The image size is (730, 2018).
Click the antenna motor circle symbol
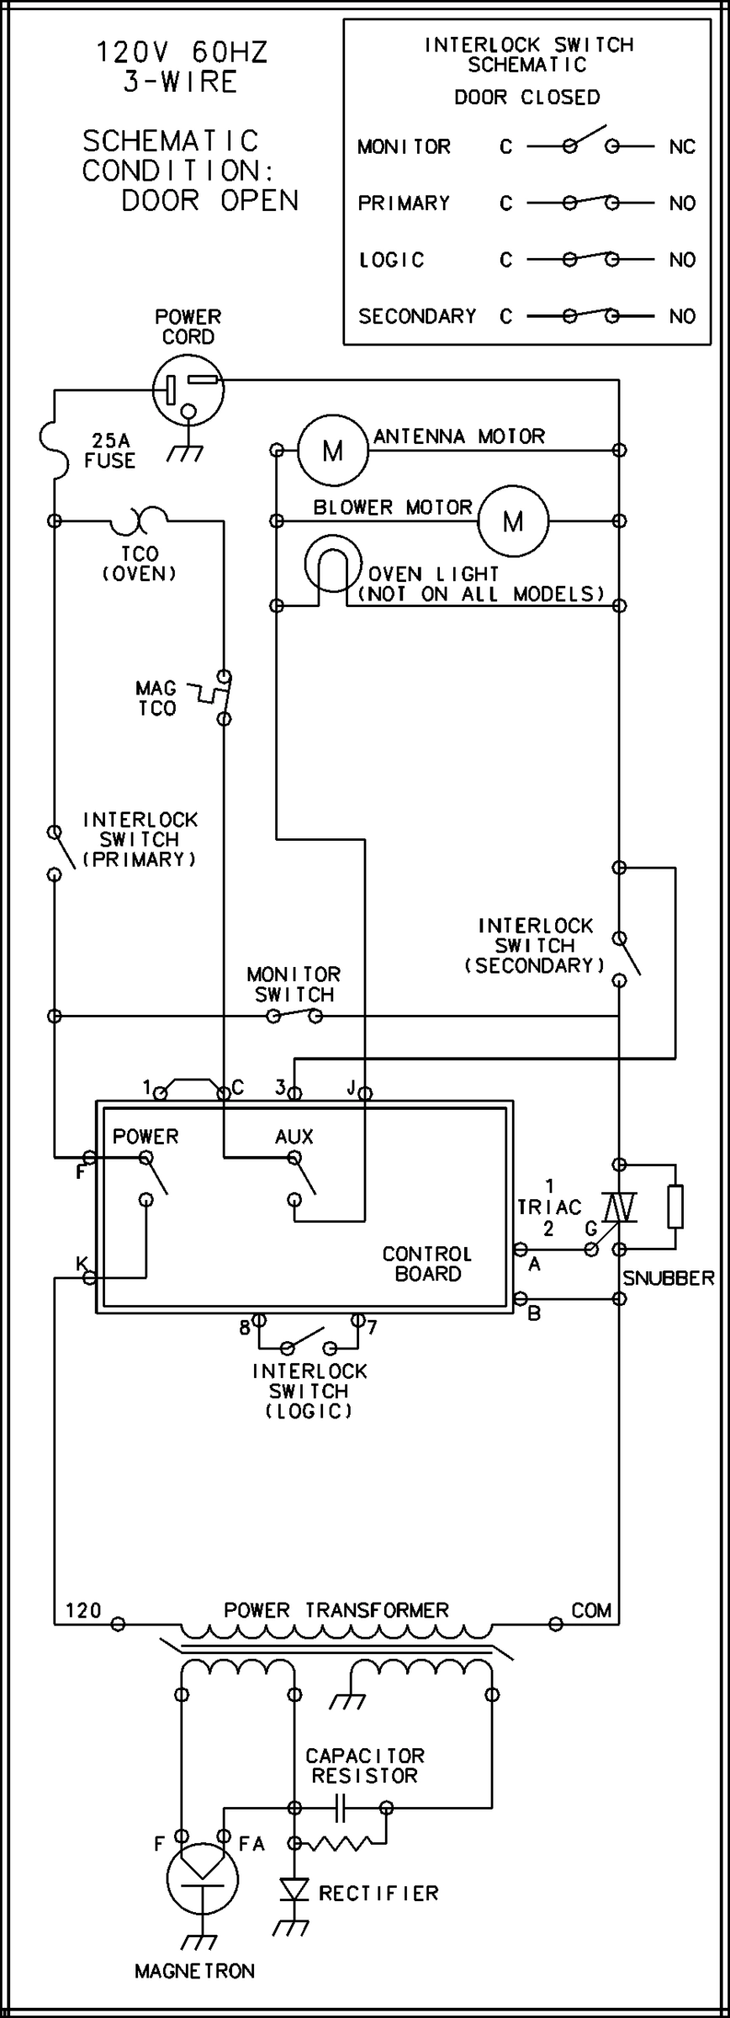pyautogui.click(x=333, y=450)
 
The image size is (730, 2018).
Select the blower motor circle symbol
pyautogui.click(x=513, y=520)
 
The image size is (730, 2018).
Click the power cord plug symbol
pyautogui.click(x=189, y=389)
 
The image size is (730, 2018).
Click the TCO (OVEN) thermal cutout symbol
pyautogui.click(x=139, y=521)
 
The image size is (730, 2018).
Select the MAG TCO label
pyautogui.click(x=156, y=698)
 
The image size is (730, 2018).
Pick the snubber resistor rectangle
pyautogui.click(x=674, y=1207)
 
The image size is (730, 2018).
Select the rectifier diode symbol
pyautogui.click(x=294, y=1891)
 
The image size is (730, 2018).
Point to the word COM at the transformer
pyautogui.click(x=590, y=1609)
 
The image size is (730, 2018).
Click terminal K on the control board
pyautogui.click(x=88, y=1278)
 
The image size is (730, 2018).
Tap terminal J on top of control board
pyautogui.click(x=365, y=1093)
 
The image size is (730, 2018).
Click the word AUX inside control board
pyautogui.click(x=294, y=1137)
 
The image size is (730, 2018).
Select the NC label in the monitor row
pyautogui.click(x=682, y=147)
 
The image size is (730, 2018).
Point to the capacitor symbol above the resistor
pyautogui.click(x=340, y=1807)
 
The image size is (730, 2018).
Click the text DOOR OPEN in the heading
pyautogui.click(x=210, y=200)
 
